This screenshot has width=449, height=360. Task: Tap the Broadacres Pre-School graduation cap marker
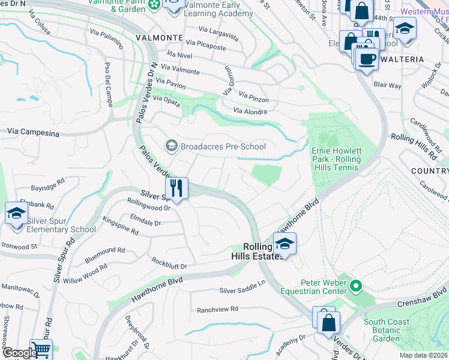(171, 146)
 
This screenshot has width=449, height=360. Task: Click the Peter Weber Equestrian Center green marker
(355, 286)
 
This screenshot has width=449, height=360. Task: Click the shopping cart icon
(41, 349)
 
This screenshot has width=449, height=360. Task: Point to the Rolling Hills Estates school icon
(285, 244)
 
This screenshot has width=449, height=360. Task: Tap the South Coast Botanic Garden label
(387, 330)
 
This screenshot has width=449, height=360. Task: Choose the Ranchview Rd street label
(217, 309)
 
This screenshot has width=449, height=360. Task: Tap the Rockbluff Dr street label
(169, 265)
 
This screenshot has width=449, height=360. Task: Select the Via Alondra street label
(250, 111)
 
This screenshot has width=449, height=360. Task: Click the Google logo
(20, 353)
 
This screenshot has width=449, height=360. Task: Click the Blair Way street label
(387, 85)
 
